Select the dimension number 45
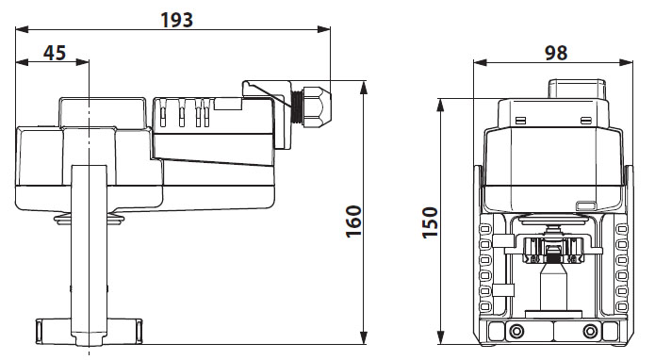coord(54,53)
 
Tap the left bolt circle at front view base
coord(517,331)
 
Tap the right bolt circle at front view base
coord(590,331)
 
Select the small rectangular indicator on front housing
coord(586,205)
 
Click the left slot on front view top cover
coord(520,120)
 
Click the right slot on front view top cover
coord(586,120)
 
